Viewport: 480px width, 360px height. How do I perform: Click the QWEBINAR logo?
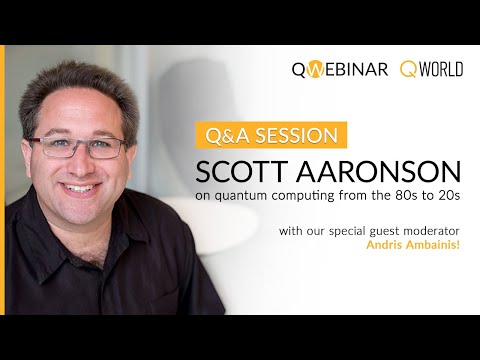point(339,70)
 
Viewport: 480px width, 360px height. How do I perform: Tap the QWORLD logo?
point(433,70)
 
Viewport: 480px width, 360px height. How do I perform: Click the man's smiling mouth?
point(79,188)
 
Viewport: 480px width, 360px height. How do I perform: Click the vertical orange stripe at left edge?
point(3,180)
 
